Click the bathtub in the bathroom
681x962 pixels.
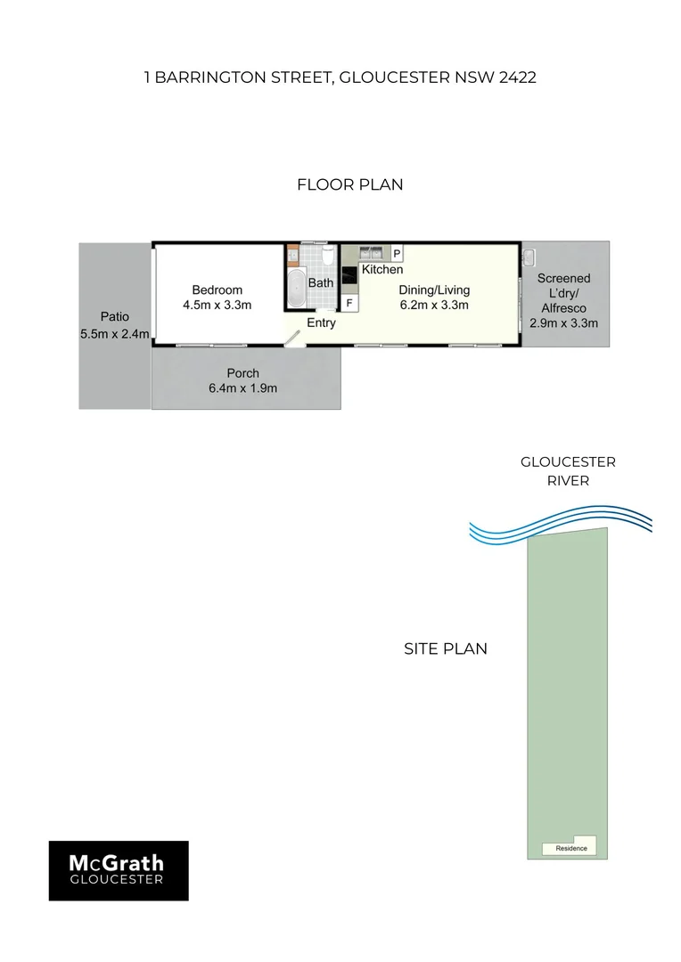tap(295, 288)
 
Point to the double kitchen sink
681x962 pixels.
tap(373, 250)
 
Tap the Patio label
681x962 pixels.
tap(114, 316)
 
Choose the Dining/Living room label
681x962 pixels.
tap(435, 289)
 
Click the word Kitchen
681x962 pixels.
tap(382, 269)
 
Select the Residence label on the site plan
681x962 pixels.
tap(571, 848)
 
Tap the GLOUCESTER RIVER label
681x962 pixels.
tap(568, 471)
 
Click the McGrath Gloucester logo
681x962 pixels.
tap(118, 870)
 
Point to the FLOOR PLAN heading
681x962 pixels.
tap(349, 185)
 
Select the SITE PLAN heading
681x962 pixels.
tap(446, 648)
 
